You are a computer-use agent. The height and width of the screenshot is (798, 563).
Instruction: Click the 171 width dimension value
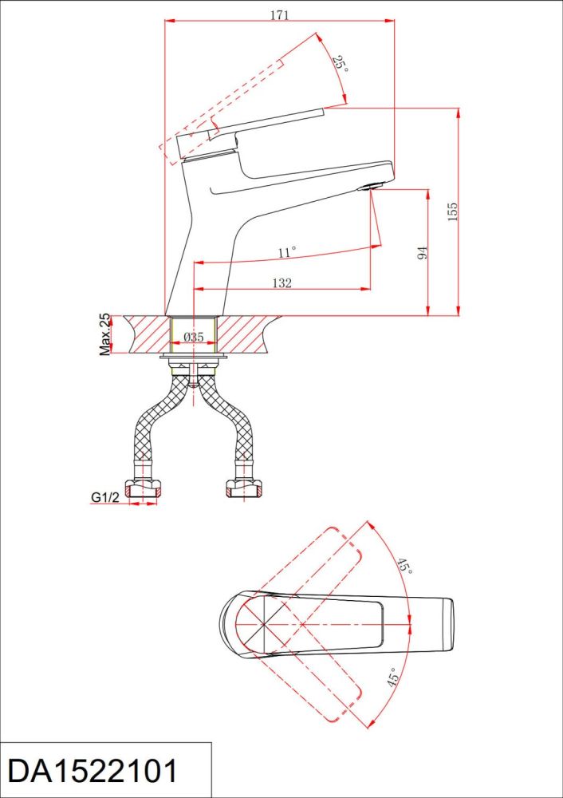tap(279, 14)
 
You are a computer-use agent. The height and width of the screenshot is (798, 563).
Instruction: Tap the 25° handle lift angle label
tap(340, 64)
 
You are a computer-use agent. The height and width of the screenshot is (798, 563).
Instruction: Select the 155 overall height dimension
tap(453, 211)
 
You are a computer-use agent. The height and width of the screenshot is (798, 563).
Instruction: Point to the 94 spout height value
tap(422, 252)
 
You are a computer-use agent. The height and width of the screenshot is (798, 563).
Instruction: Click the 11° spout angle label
tap(287, 252)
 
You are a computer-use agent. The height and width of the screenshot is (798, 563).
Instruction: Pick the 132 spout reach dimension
tap(281, 283)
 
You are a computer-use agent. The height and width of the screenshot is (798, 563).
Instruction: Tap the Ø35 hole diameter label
tap(193, 337)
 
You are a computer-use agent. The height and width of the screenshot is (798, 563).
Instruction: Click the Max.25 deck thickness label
tap(104, 334)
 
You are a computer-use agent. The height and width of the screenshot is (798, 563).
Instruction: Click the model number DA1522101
tap(93, 771)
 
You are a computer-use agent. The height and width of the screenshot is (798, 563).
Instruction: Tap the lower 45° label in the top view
tap(392, 678)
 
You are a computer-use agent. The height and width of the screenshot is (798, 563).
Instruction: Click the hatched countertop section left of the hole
tap(147, 334)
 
